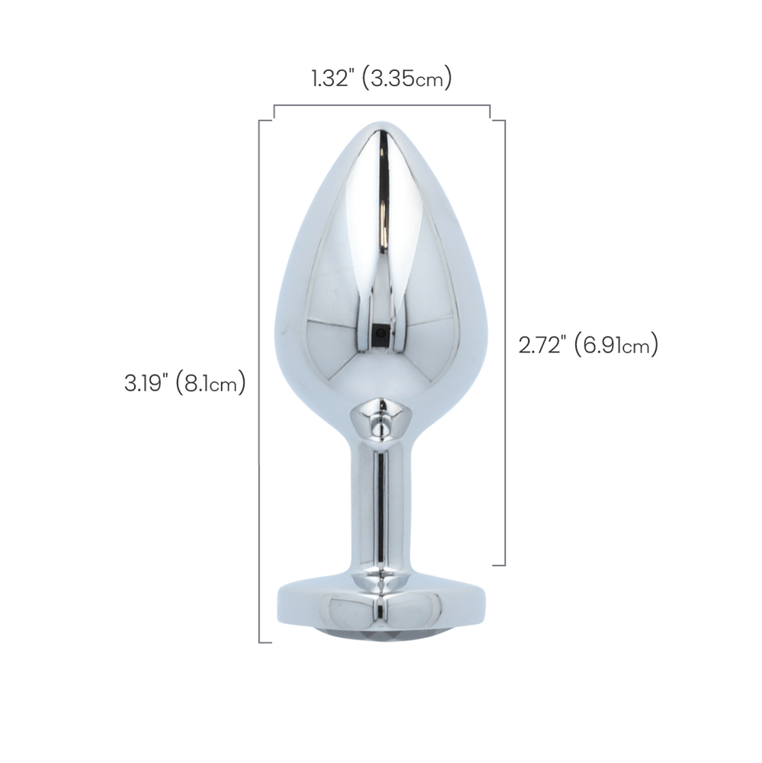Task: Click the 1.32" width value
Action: [332, 79]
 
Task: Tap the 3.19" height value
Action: [146, 384]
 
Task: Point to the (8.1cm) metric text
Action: [210, 384]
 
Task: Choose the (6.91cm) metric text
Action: [617, 345]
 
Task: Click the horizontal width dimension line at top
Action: [381, 105]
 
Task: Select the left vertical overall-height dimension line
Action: [260, 381]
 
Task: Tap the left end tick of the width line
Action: [274, 112]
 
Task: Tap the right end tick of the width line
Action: [489, 112]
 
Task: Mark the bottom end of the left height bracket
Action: [265, 642]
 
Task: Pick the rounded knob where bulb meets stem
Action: [379, 423]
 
